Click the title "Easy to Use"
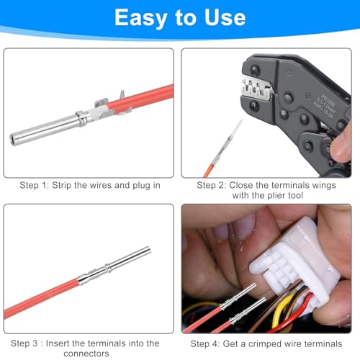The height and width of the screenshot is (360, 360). (x=180, y=17)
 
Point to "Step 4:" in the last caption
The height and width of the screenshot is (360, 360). (x=213, y=343)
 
